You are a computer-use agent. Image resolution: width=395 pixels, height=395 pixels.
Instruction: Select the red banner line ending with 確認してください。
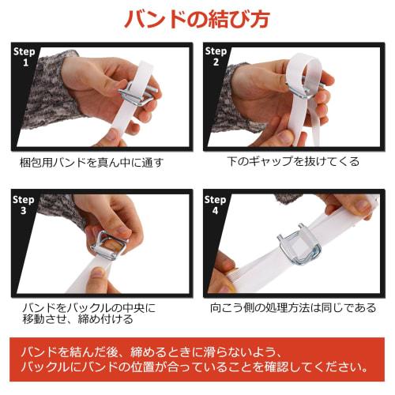(197, 367)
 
